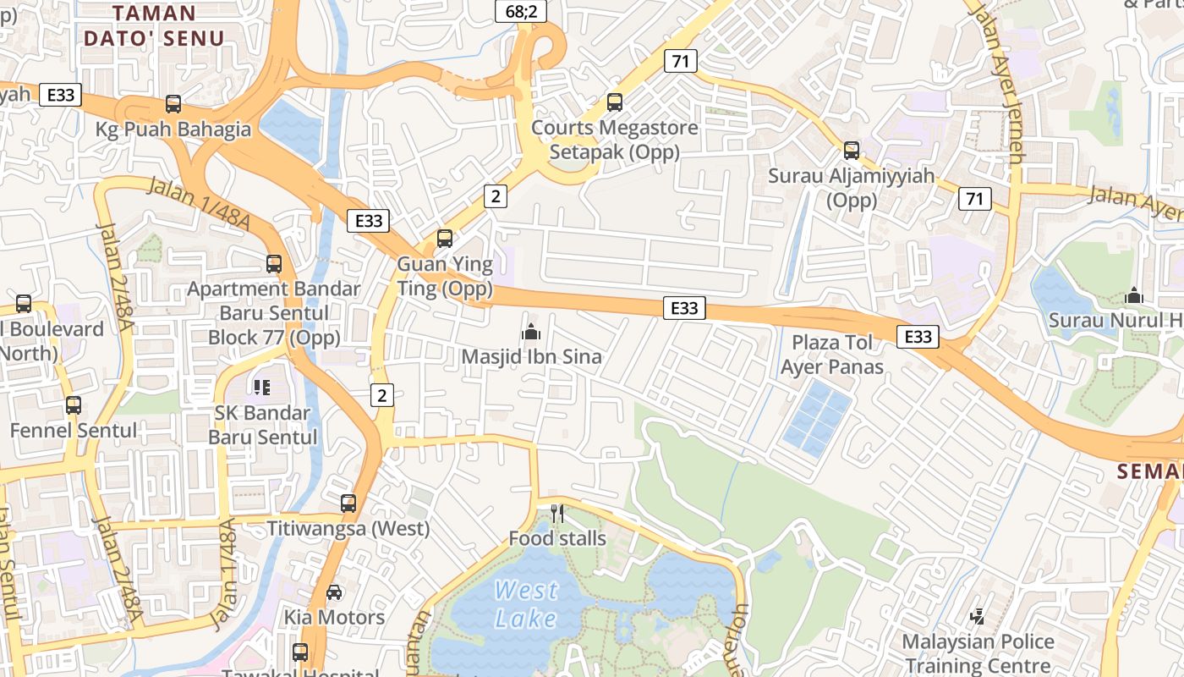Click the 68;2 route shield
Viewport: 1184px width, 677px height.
click(x=521, y=11)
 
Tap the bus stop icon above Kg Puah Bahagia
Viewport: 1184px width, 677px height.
click(x=173, y=104)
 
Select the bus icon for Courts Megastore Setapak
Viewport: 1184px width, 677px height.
click(x=615, y=102)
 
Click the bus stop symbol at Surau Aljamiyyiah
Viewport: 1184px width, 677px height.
click(x=852, y=151)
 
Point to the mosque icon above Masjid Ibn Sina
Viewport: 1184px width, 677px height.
click(x=531, y=332)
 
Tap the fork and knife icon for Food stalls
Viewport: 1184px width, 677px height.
click(x=556, y=513)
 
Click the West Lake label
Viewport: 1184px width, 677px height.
click(x=525, y=603)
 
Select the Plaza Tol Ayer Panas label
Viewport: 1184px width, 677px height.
click(x=831, y=355)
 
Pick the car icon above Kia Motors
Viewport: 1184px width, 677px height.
click(x=334, y=592)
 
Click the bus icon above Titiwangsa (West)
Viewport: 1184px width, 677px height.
click(x=348, y=504)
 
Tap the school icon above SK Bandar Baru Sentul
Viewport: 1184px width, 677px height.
click(x=262, y=388)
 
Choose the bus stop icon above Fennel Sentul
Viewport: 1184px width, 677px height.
click(x=74, y=405)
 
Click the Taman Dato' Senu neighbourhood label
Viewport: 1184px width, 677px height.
click(x=154, y=25)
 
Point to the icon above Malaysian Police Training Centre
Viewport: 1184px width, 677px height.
click(x=978, y=617)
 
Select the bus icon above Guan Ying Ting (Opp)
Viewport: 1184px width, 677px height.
click(x=445, y=239)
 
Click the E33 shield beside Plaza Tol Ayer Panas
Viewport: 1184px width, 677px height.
click(x=918, y=337)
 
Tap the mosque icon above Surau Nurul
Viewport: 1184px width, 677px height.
click(x=1134, y=295)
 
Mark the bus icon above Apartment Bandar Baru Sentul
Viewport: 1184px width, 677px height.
click(x=274, y=263)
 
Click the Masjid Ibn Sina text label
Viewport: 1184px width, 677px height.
click(x=531, y=357)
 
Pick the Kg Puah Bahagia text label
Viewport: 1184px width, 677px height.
click(x=173, y=129)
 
